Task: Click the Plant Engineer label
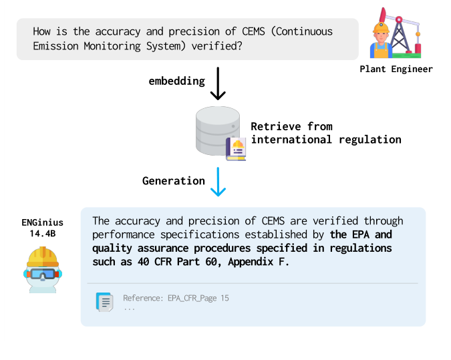pyautogui.click(x=396, y=69)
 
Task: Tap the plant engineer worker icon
pyautogui.click(x=382, y=40)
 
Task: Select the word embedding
pyautogui.click(x=176, y=81)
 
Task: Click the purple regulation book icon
pyautogui.click(x=236, y=148)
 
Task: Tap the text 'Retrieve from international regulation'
pyautogui.click(x=325, y=133)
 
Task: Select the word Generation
pyautogui.click(x=173, y=180)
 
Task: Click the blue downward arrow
pyautogui.click(x=218, y=182)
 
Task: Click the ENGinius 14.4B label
pyautogui.click(x=41, y=227)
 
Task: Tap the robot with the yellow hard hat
pyautogui.click(x=41, y=270)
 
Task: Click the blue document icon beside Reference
pyautogui.click(x=104, y=302)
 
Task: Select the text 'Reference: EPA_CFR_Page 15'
pyautogui.click(x=176, y=298)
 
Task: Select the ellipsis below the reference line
pyautogui.click(x=129, y=309)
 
